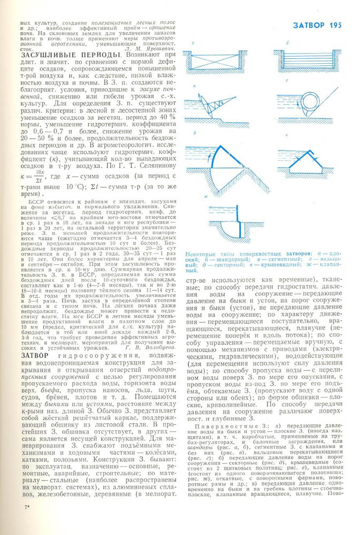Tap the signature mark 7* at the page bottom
[26, 521]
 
